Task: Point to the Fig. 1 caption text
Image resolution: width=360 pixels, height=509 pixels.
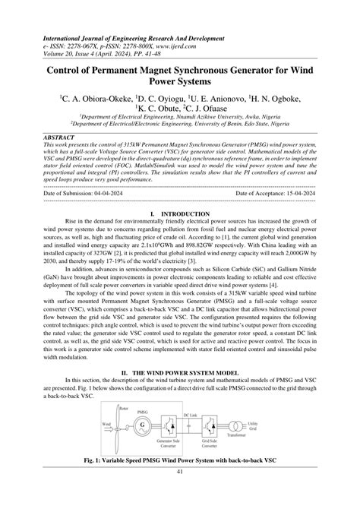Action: (180, 482)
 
